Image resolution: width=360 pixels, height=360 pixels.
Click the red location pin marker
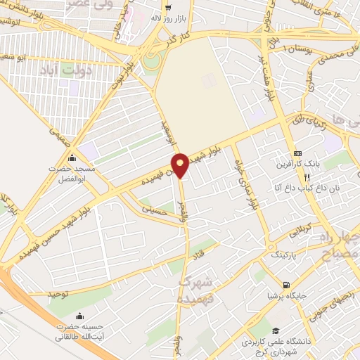point(180,165)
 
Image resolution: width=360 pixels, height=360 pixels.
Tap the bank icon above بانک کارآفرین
point(297,153)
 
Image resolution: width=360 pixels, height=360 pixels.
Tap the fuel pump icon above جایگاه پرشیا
point(285,285)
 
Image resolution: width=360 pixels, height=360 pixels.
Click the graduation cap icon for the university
point(276,330)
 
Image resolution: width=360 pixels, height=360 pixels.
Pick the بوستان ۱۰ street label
point(295,46)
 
